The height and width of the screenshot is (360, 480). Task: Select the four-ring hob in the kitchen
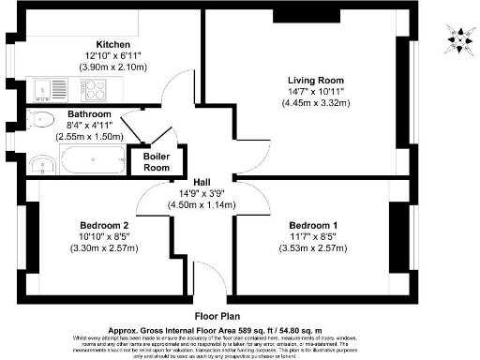tap(95, 90)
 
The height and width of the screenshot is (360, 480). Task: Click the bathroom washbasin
tap(39, 164)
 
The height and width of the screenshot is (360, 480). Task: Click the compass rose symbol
tap(458, 38)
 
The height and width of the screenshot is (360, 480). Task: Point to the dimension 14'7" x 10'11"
tap(313, 92)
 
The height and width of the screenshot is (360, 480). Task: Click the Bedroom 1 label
tap(313, 225)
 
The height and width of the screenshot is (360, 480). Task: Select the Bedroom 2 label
tap(104, 225)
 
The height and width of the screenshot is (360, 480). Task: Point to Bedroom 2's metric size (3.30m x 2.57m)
tap(104, 248)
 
